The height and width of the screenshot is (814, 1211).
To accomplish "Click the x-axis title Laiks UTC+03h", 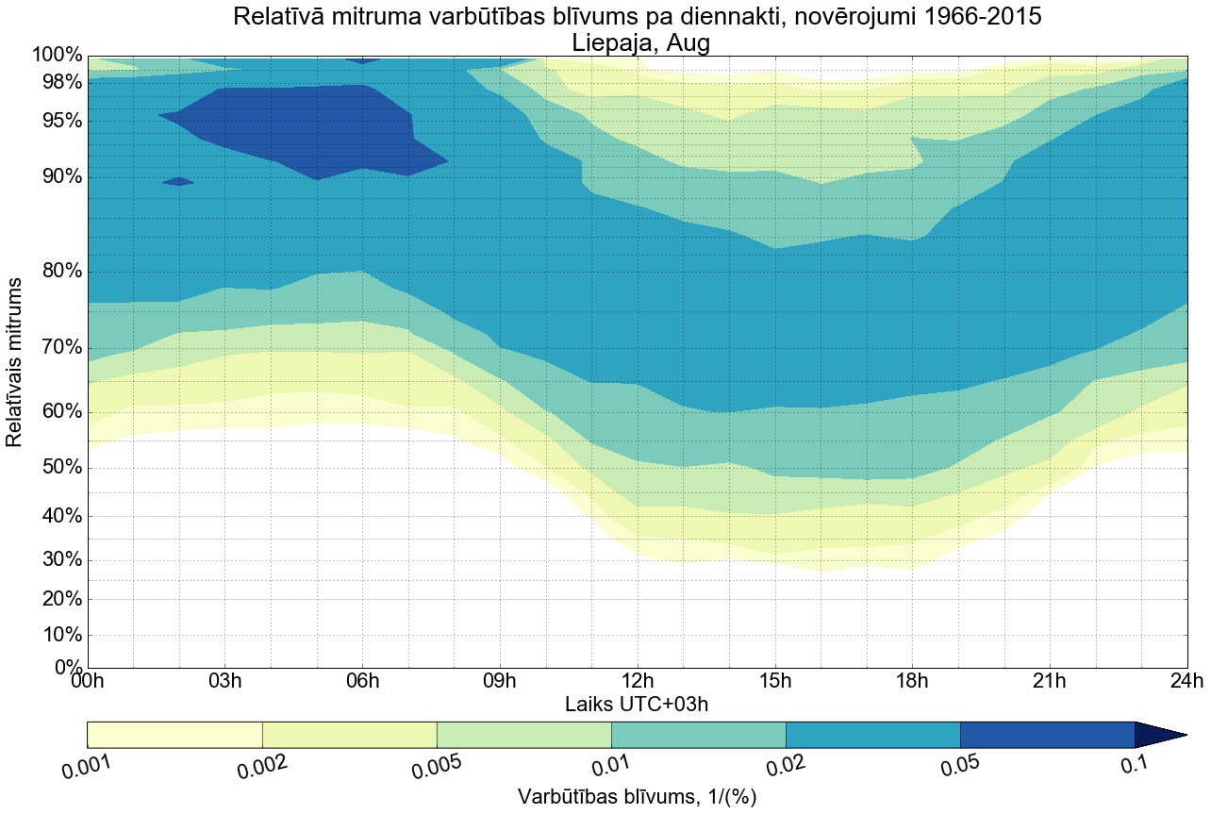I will coord(637,704).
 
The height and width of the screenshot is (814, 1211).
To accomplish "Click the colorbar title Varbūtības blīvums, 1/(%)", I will coord(637,796).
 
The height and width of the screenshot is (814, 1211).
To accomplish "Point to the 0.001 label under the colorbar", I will coord(86,766).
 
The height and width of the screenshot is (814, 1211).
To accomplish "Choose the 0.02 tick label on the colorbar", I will coord(786,766).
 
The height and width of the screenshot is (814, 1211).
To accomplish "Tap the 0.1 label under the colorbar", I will coord(1135,765).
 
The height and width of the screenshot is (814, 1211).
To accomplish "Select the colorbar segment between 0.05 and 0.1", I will coord(1047,735).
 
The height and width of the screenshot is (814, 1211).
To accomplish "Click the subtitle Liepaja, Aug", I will coord(637,42).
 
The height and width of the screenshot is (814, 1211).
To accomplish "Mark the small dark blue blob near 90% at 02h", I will coord(178,181).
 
